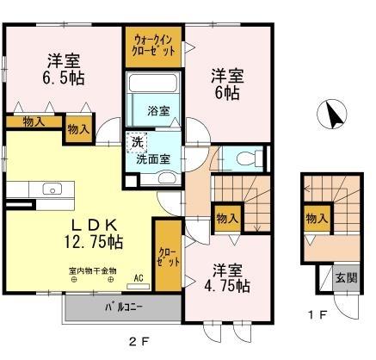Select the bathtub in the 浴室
click(153, 87)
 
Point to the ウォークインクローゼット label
click(154, 44)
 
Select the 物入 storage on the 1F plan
click(316, 220)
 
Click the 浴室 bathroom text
click(158, 110)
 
